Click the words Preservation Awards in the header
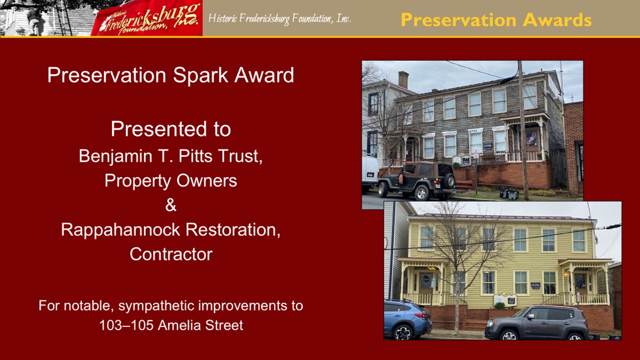(496, 19)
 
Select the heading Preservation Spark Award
(170, 75)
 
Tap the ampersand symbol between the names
(170, 205)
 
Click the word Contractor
(171, 254)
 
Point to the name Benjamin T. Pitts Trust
(170, 156)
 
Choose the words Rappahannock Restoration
(170, 229)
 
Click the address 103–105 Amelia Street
(171, 325)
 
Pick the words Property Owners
(170, 180)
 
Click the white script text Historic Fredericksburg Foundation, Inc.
(279, 19)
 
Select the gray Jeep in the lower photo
(536, 323)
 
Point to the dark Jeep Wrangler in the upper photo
(416, 180)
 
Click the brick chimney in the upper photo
(403, 79)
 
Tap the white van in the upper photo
(370, 173)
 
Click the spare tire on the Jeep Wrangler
(449, 180)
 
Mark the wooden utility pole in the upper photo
(523, 130)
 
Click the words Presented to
(171, 129)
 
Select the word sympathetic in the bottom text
(158, 306)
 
